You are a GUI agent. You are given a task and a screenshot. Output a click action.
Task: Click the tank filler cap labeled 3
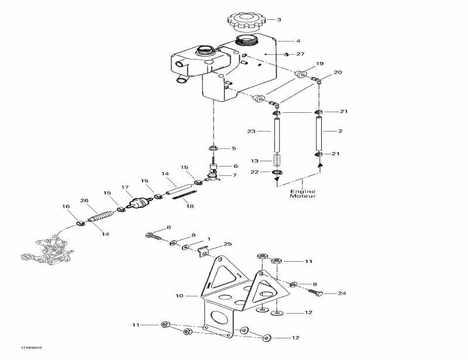(247, 20)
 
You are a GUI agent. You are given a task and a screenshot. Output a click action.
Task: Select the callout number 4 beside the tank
(298, 41)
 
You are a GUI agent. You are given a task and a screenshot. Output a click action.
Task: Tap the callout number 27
(301, 54)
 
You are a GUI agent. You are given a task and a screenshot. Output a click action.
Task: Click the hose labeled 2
(319, 131)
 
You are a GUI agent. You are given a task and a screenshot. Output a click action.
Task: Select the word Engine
(302, 191)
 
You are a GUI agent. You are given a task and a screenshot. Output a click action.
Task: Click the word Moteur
(302, 196)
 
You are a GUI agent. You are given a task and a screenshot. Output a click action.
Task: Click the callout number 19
(319, 63)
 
